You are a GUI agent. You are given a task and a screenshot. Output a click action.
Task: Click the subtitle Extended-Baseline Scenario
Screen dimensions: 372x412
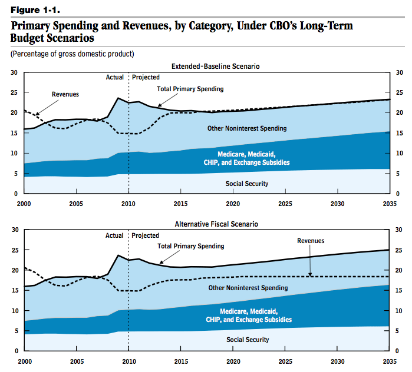pyautogui.click(x=215, y=67)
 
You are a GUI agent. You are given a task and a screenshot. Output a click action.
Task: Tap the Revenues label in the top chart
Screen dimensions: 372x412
pyautogui.click(x=65, y=94)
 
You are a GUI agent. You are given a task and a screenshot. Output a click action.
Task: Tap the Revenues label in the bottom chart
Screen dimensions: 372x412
pyautogui.click(x=311, y=241)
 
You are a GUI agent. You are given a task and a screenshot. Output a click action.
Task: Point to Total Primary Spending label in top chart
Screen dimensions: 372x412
pyautogui.click(x=190, y=89)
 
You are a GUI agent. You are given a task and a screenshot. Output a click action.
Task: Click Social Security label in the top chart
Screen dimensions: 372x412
pyautogui.click(x=247, y=184)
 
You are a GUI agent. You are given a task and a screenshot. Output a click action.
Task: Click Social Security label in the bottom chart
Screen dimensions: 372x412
pyautogui.click(x=248, y=340)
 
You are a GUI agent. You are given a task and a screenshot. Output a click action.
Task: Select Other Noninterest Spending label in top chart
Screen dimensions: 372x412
pyautogui.click(x=247, y=128)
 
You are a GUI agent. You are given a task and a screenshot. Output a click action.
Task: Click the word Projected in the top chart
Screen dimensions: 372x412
pyautogui.click(x=146, y=77)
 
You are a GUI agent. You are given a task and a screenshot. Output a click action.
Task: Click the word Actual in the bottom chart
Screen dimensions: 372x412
pyautogui.click(x=114, y=235)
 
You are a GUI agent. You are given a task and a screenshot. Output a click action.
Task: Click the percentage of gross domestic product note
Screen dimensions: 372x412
pyautogui.click(x=72, y=54)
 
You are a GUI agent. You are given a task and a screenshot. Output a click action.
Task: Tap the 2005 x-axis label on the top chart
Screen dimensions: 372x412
pyautogui.click(x=75, y=204)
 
